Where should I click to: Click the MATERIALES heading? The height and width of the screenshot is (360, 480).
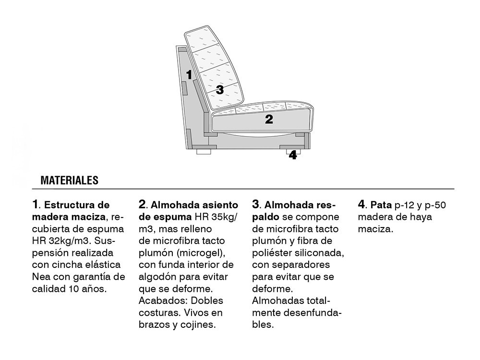[69, 180]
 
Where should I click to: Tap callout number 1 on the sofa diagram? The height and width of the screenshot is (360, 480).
[189, 74]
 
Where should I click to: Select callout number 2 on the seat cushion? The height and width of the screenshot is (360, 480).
[269, 119]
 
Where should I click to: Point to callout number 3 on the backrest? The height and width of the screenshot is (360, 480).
[219, 89]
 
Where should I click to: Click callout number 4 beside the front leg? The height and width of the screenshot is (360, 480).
[293, 156]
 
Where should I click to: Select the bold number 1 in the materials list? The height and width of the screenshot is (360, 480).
[35, 205]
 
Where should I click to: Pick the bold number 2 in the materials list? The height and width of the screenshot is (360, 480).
[142, 205]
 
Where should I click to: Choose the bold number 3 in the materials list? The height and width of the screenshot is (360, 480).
[255, 205]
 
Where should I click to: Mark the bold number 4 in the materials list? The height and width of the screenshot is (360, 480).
[361, 205]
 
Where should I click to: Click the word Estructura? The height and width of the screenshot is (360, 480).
[67, 205]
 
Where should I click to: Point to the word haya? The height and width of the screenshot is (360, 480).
[421, 217]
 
